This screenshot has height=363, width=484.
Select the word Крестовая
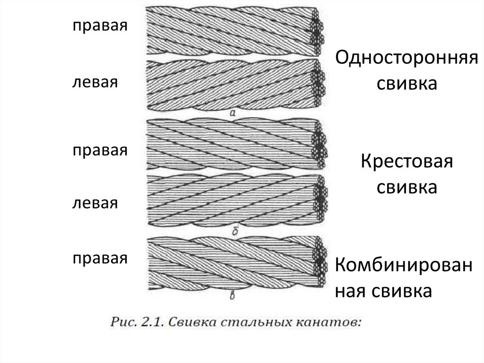(407, 163)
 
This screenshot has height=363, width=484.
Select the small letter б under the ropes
(235, 230)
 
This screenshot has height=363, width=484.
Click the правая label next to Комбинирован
(100, 258)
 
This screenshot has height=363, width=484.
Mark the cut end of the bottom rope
(318, 264)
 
